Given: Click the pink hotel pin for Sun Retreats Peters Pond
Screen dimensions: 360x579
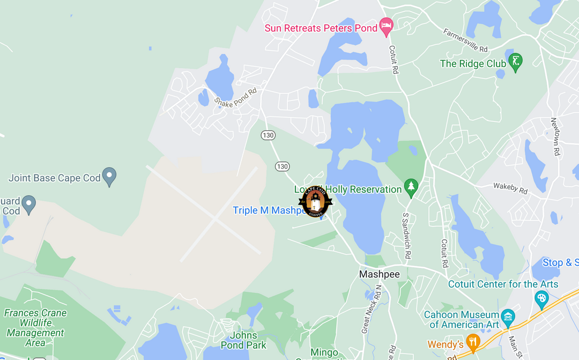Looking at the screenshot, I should [386, 25].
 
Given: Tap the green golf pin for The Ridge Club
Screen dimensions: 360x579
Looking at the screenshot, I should [515, 62].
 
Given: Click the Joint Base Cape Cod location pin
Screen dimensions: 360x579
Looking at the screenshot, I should [109, 176].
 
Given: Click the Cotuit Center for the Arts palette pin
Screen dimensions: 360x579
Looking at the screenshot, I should [541, 299].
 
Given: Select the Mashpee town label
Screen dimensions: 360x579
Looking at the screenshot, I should [379, 274].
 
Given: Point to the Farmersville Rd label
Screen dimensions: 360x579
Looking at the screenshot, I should [465, 40].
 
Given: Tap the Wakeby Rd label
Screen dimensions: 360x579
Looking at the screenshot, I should [510, 188].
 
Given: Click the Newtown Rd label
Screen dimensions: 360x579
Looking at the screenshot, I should [555, 137].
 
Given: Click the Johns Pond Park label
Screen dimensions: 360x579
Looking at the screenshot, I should [244, 340].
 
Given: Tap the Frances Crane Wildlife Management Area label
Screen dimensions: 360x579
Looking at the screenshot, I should [35, 327].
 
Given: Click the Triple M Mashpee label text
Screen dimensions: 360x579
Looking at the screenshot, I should [266, 210].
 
